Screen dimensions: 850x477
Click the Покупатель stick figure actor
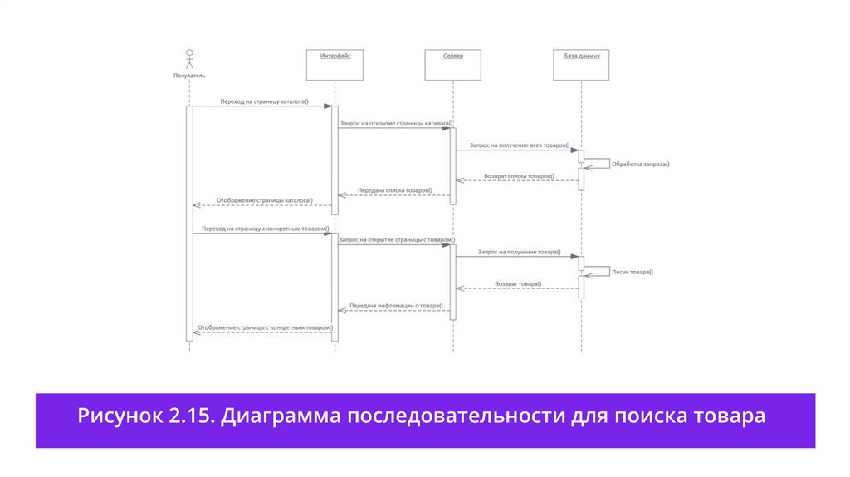189,61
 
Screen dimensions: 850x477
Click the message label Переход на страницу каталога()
264,101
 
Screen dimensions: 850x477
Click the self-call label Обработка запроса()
640,165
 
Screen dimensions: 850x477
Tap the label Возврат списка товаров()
520,176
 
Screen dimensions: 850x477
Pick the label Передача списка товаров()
395,190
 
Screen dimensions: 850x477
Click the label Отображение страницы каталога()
265,200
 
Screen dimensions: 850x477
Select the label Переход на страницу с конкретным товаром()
265,229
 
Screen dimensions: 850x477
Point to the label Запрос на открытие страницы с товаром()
396,239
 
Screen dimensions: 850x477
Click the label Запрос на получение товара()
519,251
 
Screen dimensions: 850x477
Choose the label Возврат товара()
518,284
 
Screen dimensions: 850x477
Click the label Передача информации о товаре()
395,306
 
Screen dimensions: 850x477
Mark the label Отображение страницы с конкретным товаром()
265,327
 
